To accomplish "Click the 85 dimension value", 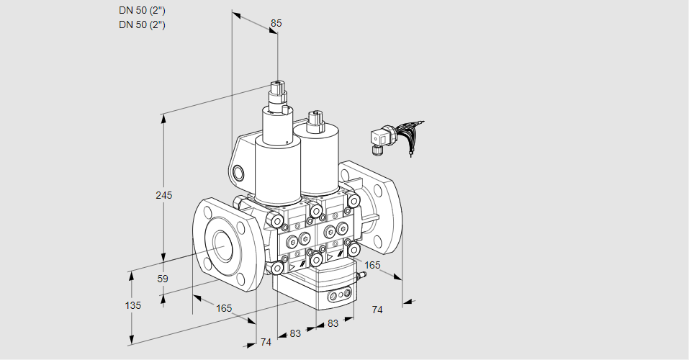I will click(x=276, y=23).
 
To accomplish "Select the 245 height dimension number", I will click(x=165, y=196).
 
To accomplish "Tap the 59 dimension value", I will click(x=163, y=279).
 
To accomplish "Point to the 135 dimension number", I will click(x=132, y=305).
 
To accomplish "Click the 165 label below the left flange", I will click(x=224, y=309).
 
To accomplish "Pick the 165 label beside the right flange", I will click(x=372, y=266).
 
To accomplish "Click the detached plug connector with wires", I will click(x=379, y=138).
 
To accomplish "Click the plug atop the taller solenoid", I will click(x=278, y=94).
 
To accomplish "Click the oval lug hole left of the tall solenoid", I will click(x=239, y=172).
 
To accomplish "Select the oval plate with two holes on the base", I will click(x=340, y=296).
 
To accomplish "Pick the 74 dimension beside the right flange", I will click(x=377, y=310).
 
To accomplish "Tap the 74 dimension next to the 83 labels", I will click(x=266, y=342).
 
